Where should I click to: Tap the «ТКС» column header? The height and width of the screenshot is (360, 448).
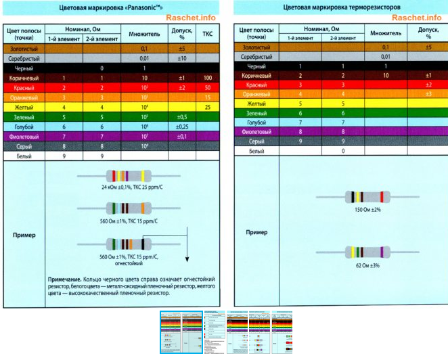[207, 32]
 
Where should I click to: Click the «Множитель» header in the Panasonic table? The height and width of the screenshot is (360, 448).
[143, 32]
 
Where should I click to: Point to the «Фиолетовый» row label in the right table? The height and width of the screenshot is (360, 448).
[256, 131]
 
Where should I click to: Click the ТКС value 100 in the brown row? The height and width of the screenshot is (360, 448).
[207, 78]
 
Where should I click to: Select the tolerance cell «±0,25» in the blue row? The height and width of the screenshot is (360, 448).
[181, 127]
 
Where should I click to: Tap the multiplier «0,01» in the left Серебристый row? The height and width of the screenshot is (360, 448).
[143, 59]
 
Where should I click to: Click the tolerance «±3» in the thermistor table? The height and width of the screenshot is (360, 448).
[428, 93]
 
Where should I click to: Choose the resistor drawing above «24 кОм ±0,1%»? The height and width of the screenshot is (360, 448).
[129, 175]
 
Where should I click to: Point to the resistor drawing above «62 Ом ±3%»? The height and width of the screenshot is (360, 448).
[368, 252]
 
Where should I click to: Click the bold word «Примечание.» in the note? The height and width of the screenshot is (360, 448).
[66, 279]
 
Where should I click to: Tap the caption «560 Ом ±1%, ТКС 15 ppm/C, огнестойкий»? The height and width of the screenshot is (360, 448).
[129, 260]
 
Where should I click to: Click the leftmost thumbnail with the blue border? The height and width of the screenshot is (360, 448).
[181, 332]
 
